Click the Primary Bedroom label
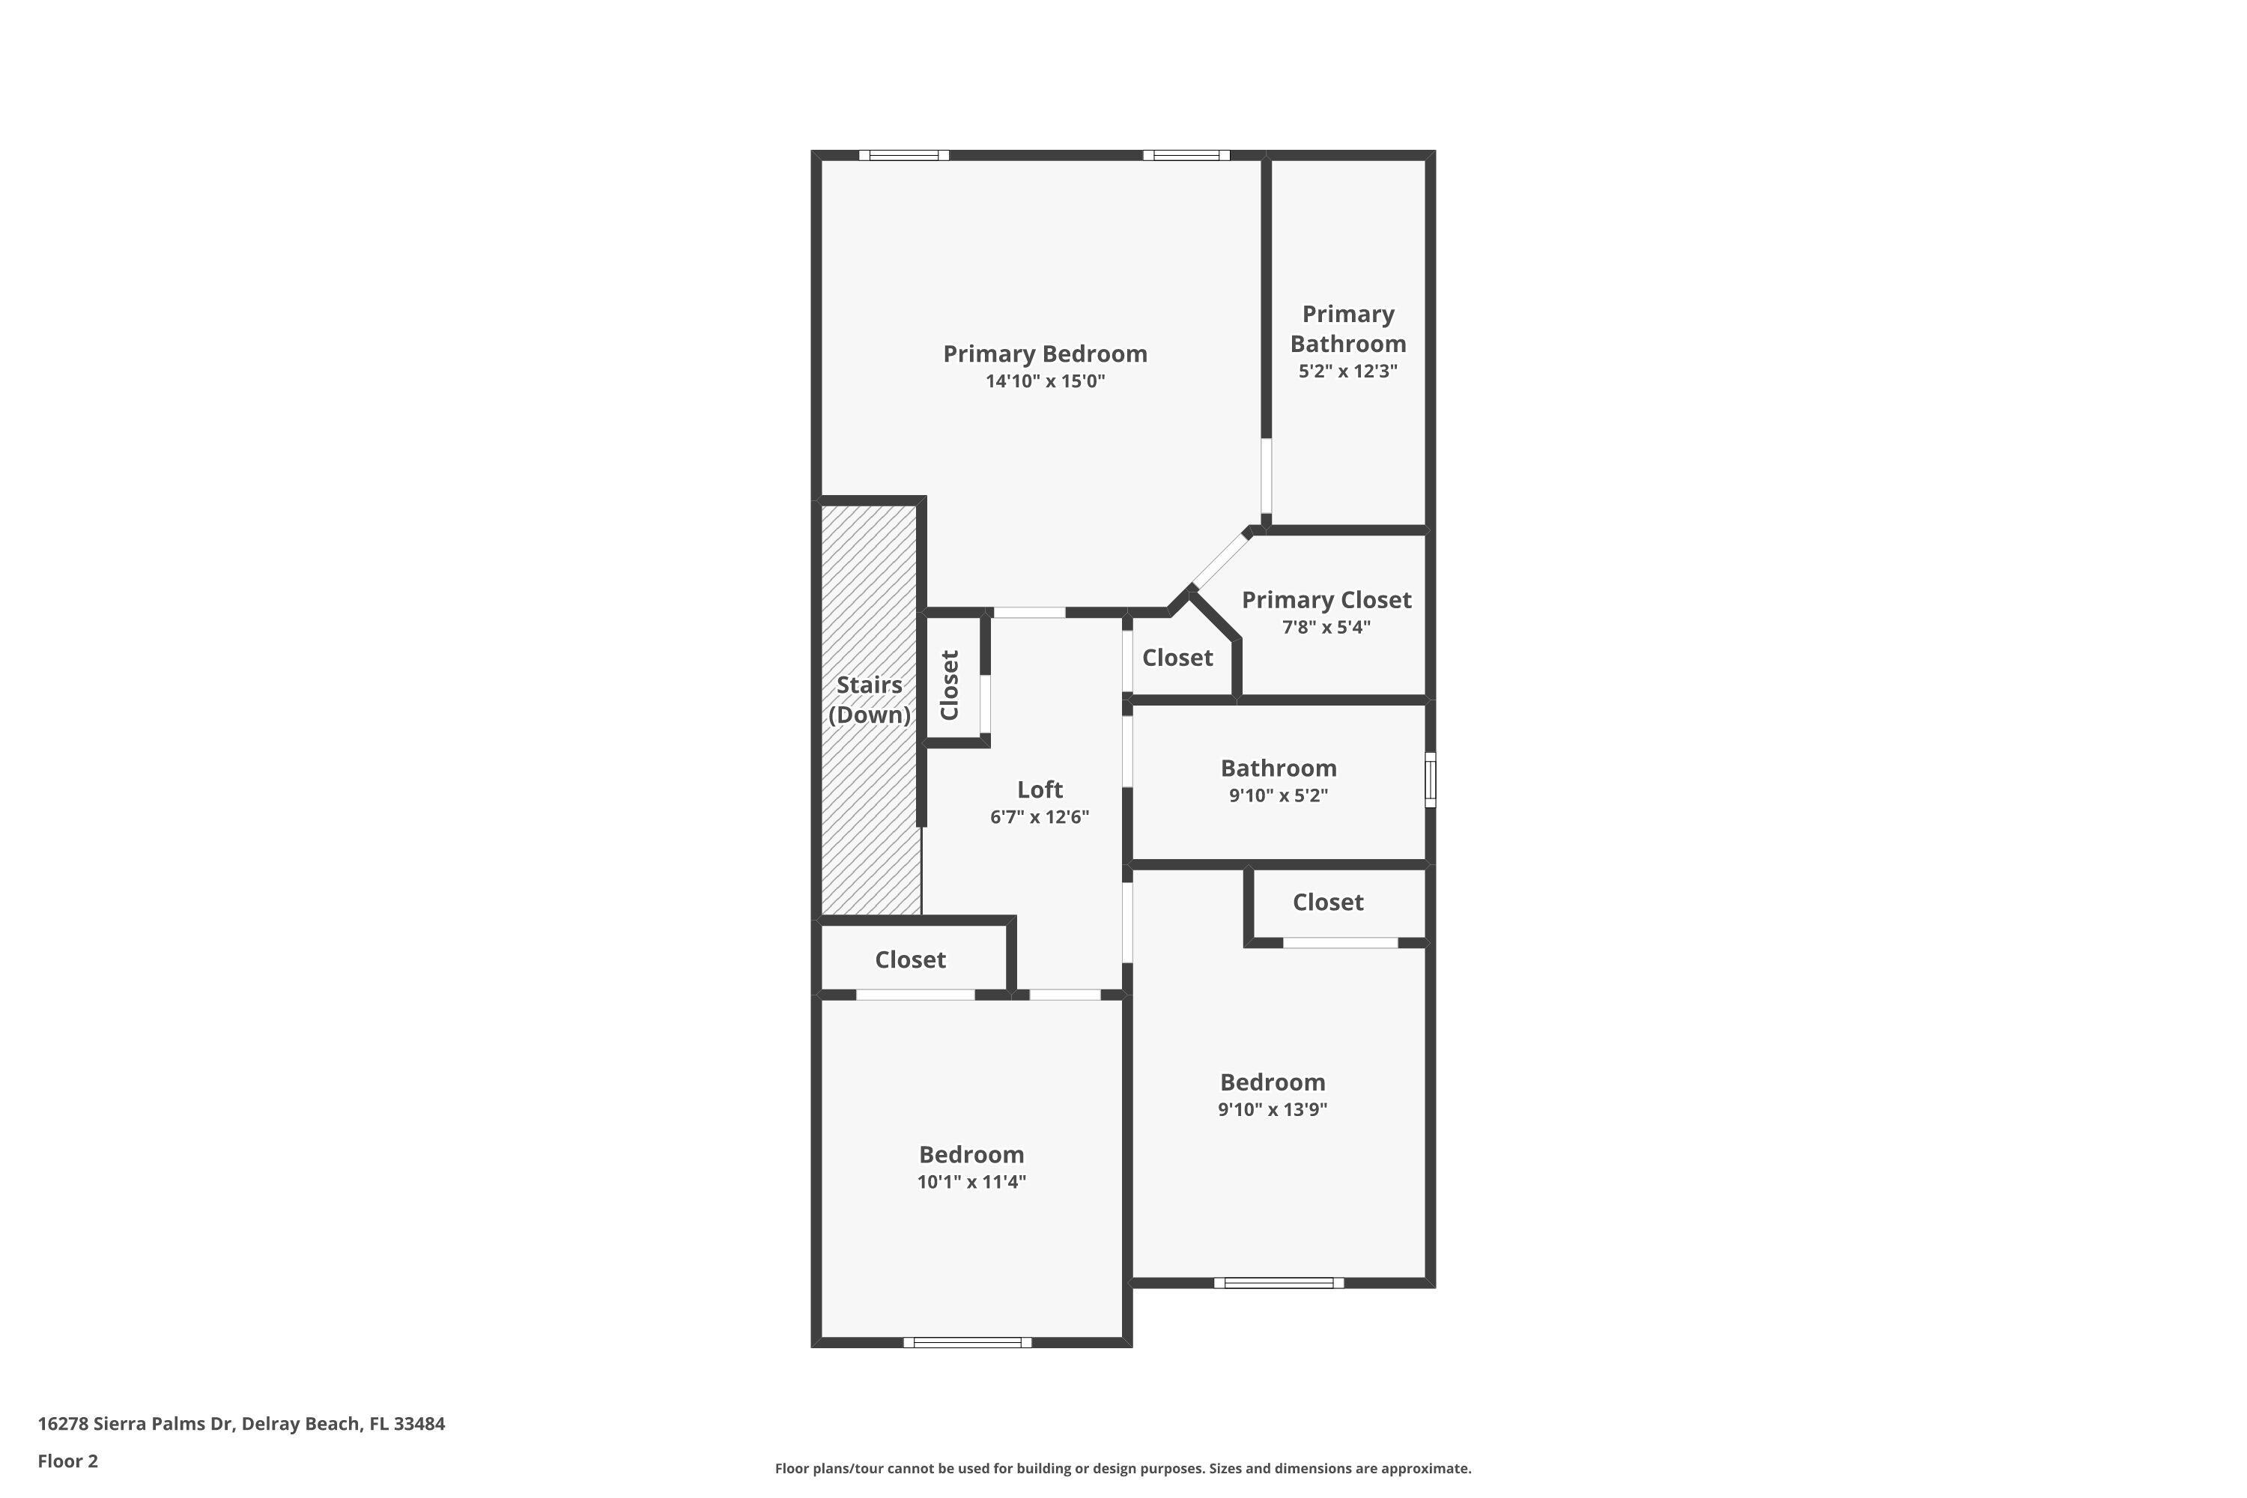[x=1045, y=354]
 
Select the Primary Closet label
[x=1326, y=600]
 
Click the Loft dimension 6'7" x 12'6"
[x=1040, y=817]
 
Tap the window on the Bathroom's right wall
[x=1430, y=780]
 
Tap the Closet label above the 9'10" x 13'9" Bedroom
[x=1328, y=902]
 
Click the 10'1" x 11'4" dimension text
[x=971, y=1182]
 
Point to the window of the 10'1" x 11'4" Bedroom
[x=968, y=1342]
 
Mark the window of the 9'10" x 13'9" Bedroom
[x=1279, y=1283]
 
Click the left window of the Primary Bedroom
[x=903, y=155]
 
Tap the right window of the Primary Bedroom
[x=1186, y=155]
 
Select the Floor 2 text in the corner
[x=68, y=1461]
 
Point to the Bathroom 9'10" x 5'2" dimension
[x=1279, y=795]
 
